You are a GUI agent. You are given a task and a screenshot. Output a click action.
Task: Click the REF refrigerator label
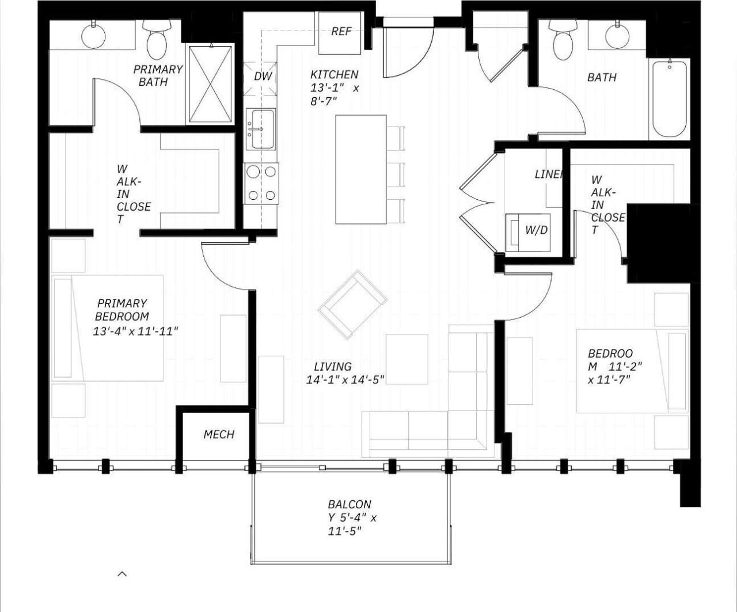tap(341, 32)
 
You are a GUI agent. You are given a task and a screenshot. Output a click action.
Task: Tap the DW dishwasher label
tap(263, 77)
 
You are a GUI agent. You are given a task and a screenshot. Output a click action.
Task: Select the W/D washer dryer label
tap(535, 230)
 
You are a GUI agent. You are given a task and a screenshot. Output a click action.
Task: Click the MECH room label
tap(219, 435)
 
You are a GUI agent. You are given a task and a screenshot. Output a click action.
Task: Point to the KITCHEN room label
tap(334, 75)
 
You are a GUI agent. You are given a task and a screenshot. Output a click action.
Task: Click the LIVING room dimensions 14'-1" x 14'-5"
tap(345, 380)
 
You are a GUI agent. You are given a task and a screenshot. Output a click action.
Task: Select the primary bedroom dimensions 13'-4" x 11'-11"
tap(135, 332)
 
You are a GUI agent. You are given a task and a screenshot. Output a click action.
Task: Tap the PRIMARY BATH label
tap(158, 75)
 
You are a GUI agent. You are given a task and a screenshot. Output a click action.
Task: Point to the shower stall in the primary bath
tap(211, 84)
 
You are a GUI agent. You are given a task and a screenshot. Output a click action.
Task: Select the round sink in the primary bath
tap(93, 36)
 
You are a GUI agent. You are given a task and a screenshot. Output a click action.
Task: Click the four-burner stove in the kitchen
tap(261, 183)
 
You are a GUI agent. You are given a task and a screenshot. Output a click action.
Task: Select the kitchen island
tap(361, 169)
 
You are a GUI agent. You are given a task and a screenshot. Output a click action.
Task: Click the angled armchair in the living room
tap(352, 305)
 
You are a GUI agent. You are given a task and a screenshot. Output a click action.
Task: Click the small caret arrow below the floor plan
tap(122, 573)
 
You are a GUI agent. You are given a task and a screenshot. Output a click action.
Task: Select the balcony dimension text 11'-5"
tap(344, 531)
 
